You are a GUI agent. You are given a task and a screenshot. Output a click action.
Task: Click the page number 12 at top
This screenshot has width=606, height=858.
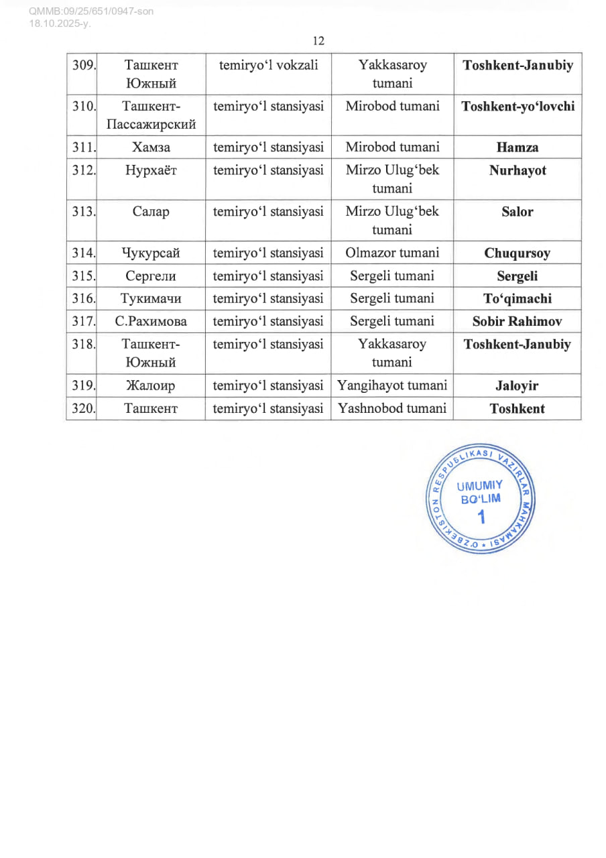318,41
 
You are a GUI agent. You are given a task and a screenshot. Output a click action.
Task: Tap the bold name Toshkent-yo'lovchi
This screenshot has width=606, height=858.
518,107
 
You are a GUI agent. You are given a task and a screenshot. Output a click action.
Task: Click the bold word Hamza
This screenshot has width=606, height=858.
518,147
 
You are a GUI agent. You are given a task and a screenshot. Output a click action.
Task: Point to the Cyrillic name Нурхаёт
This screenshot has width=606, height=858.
151,170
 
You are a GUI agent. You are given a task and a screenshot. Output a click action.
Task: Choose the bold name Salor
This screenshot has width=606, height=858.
518,212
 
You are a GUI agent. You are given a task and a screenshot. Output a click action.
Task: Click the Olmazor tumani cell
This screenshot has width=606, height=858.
392,253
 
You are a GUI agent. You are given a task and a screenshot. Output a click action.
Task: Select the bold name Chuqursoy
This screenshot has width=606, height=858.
518,253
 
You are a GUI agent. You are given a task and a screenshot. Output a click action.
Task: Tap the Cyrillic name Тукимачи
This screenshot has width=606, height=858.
151,299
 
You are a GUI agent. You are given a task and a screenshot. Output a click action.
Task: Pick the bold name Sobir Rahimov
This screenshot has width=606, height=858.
518,322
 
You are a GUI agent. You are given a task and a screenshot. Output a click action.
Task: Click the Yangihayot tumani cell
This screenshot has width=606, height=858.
392,385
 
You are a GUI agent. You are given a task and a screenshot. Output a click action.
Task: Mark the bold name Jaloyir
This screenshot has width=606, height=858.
518,386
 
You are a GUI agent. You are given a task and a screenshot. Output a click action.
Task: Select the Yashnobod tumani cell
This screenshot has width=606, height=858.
392,408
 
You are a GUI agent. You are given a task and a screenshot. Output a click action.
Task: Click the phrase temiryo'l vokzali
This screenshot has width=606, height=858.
268,66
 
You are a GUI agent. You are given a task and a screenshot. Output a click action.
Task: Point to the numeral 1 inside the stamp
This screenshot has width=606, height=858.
480,517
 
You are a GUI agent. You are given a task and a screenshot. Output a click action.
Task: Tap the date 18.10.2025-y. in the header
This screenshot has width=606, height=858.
60,23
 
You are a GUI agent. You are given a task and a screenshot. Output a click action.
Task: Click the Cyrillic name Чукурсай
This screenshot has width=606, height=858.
151,253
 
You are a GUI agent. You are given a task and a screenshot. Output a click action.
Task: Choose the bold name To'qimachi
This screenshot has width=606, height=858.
518,299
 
